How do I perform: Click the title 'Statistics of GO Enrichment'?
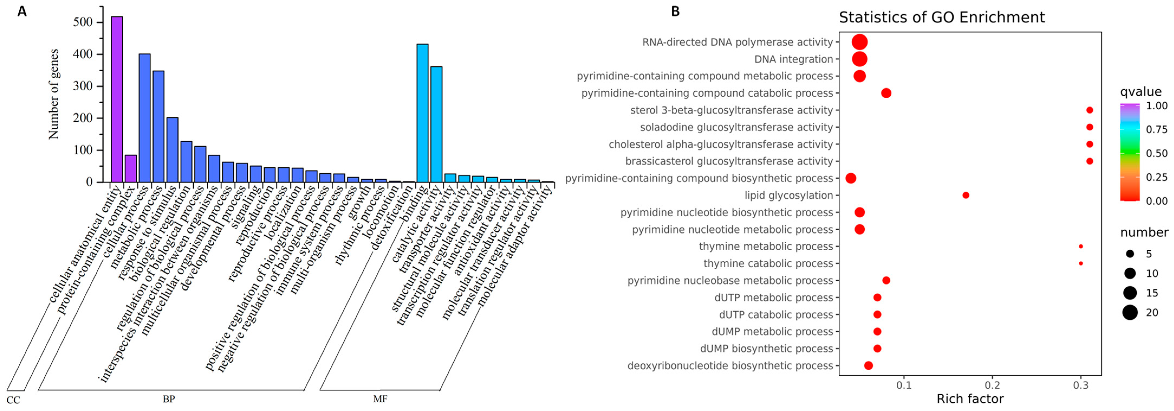pyautogui.click(x=942, y=17)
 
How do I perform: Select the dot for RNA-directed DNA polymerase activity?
pyautogui.click(x=860, y=42)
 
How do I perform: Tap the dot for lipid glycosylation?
pyautogui.click(x=965, y=195)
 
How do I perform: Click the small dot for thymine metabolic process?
pyautogui.click(x=1081, y=246)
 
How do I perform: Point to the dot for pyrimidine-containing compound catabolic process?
pyautogui.click(x=886, y=93)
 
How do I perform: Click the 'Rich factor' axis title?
pyautogui.click(x=970, y=399)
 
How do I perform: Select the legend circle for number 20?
pyautogui.click(x=1130, y=312)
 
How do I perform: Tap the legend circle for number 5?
pyautogui.click(x=1130, y=254)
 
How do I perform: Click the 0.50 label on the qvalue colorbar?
pyautogui.click(x=1157, y=153)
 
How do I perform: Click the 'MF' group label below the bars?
pyautogui.click(x=380, y=399)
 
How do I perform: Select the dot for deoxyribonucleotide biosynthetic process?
pyautogui.click(x=868, y=365)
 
